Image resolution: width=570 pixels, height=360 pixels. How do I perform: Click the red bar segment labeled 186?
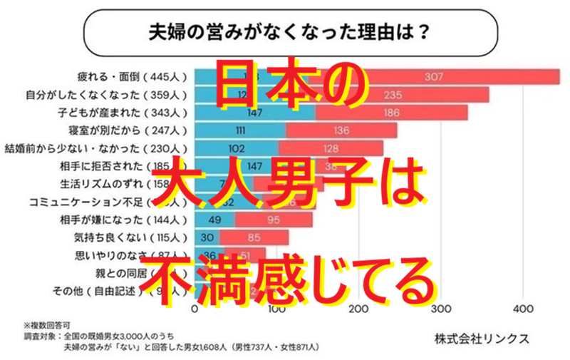coord(391,113)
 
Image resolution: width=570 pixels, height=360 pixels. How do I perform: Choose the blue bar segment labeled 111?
coord(240,131)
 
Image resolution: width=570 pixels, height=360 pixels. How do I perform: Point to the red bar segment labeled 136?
coord(341,131)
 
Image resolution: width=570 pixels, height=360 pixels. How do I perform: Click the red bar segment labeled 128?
coord(331,149)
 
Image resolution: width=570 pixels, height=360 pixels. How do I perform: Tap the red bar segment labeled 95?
coord(274,219)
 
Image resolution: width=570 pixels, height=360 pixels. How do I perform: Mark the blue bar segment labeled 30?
coord(207,237)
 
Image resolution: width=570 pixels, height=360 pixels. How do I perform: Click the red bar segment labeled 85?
coord(254,237)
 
